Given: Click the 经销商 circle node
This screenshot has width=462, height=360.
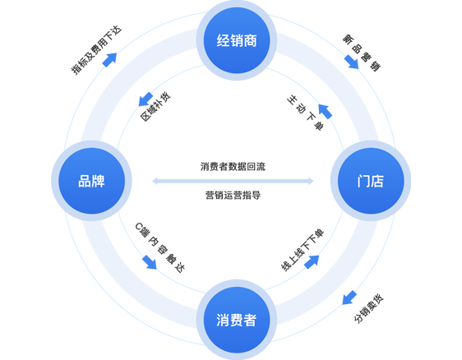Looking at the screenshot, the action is (x=237, y=40).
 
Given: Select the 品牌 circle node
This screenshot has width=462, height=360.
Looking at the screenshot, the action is (x=91, y=181).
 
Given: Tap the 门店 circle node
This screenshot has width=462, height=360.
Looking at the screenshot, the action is (x=371, y=181).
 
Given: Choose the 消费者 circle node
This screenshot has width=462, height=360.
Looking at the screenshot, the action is (x=237, y=320).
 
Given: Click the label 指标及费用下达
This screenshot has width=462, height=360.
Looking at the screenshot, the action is (x=96, y=50).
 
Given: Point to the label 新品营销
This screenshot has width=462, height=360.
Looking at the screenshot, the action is (x=361, y=53).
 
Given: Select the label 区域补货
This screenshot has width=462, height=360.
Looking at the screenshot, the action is (x=155, y=107).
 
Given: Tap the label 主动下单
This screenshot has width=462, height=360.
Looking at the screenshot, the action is (x=305, y=113).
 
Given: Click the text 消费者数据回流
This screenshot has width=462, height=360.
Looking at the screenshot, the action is (x=233, y=167).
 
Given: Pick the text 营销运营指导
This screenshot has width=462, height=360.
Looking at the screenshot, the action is (x=233, y=195).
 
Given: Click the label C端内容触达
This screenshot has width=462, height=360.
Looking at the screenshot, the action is (x=160, y=247).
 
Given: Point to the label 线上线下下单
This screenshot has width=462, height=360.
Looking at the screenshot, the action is (x=303, y=250).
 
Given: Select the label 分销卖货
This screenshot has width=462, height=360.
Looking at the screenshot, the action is (x=369, y=308).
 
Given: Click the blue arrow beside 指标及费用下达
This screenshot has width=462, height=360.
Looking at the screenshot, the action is (x=109, y=60).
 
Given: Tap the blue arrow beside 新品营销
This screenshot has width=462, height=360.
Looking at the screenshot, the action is (x=351, y=62).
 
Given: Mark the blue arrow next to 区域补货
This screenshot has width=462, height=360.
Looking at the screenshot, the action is (x=146, y=99).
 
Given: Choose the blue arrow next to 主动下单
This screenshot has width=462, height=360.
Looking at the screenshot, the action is (x=326, y=111).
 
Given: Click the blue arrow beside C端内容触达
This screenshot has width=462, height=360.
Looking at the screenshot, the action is (x=150, y=262).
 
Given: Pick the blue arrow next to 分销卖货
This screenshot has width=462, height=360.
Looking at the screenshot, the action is (x=349, y=298).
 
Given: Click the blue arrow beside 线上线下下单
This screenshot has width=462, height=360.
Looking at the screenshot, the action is (x=312, y=262).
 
